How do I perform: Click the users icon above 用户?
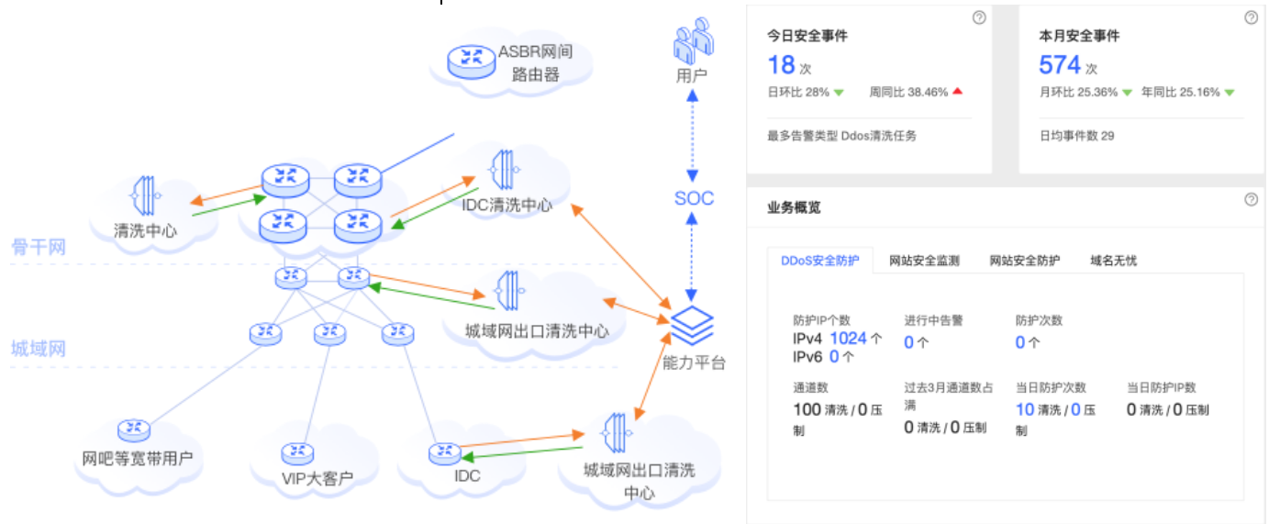coord(693,39)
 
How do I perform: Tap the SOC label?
coord(694,198)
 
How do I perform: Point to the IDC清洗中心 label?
coord(508,205)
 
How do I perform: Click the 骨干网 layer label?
coord(38,247)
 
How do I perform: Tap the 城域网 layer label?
coord(38,349)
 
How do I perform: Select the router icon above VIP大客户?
coord(297,452)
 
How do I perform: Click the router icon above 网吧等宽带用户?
coord(134,429)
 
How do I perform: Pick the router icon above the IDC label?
coord(444,452)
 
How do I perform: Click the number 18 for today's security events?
coord(781,65)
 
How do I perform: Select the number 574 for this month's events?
coord(1060,65)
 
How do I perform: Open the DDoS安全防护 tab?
coord(820,261)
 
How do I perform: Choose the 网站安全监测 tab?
coord(924,261)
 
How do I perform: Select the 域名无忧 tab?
coord(1113,261)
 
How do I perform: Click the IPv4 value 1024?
coord(848,339)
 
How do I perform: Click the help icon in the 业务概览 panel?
coord(1251,199)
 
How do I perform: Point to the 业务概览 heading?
coord(794,207)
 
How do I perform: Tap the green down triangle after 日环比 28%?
coord(839,92)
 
